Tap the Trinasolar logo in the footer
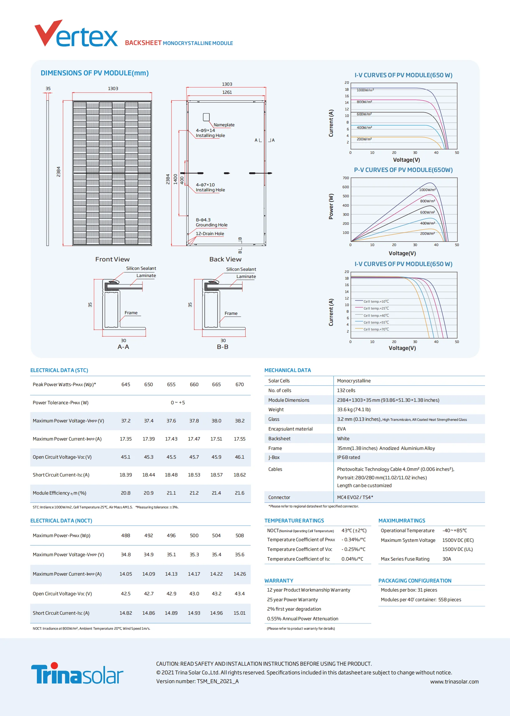[77, 673]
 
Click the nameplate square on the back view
[206, 117]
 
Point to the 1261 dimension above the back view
[227, 92]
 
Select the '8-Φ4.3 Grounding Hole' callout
[211, 222]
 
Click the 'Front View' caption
[112, 259]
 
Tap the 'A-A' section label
[123, 347]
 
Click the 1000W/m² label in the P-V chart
[427, 190]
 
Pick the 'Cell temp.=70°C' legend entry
[376, 329]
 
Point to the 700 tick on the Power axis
[345, 178]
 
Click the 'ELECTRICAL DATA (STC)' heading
[59, 370]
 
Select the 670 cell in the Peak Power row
[239, 385]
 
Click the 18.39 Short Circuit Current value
[126, 475]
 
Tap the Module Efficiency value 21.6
[239, 493]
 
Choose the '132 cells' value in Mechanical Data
[346, 390]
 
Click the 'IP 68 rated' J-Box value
[348, 457]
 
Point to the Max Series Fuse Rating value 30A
[446, 559]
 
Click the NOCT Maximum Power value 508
[239, 535]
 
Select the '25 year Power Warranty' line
[292, 599]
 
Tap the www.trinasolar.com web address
[454, 681]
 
